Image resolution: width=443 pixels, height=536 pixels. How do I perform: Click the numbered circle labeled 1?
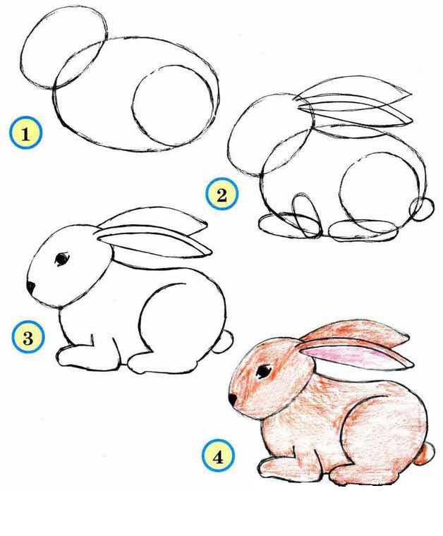click(25, 133)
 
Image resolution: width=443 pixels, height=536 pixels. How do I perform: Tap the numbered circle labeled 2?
click(221, 194)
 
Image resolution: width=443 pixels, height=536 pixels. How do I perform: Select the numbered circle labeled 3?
click(28, 337)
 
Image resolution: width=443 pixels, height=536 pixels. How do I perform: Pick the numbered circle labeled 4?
click(218, 456)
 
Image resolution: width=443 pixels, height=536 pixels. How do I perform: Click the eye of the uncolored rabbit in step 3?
click(61, 258)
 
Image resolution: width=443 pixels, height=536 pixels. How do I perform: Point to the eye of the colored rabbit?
click(264, 371)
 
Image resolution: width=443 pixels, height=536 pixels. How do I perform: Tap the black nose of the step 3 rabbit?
click(31, 287)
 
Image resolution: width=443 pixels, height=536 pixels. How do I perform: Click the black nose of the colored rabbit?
click(233, 399)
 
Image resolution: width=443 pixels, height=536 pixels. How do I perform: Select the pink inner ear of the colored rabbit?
click(345, 357)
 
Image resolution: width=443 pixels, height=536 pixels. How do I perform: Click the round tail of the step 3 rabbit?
click(224, 341)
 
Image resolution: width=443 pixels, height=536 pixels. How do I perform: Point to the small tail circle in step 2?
click(421, 208)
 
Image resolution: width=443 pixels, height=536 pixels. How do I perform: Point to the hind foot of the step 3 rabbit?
click(161, 363)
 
